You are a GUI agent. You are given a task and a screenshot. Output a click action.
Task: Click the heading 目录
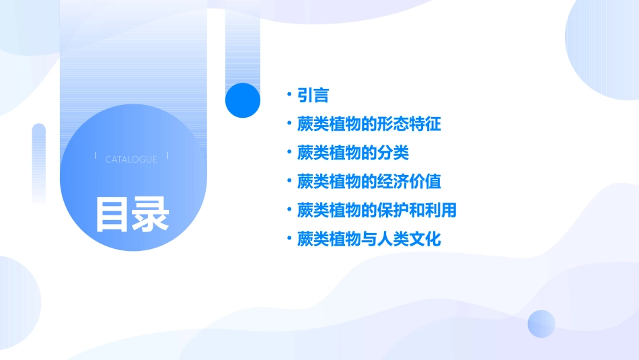click(132, 214)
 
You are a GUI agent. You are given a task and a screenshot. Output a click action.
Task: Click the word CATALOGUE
click(131, 159)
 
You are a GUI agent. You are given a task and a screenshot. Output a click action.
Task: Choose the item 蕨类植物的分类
click(353, 153)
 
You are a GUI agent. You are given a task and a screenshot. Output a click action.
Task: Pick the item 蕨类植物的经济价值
click(369, 182)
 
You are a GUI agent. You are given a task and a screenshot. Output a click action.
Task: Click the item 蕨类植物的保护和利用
click(377, 210)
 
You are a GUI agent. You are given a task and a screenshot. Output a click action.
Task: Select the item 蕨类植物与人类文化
click(369, 239)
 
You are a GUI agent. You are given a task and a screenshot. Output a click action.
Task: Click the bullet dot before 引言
click(289, 95)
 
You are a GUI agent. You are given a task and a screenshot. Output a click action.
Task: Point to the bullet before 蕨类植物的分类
click(289, 153)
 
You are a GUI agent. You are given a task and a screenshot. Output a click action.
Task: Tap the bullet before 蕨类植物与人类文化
click(289, 239)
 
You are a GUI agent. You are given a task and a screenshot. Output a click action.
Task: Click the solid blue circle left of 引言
click(242, 100)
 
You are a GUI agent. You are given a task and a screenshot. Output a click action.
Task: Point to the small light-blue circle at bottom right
click(541, 324)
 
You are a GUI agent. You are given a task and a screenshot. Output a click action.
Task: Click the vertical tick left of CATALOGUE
click(96, 155)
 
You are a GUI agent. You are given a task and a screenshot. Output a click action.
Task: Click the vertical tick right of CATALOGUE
click(167, 155)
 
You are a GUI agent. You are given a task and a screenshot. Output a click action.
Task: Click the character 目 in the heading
click(112, 214)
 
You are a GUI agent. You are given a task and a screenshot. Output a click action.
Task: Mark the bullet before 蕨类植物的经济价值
click(289, 182)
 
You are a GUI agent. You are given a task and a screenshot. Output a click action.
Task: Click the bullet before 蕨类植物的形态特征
click(289, 124)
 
